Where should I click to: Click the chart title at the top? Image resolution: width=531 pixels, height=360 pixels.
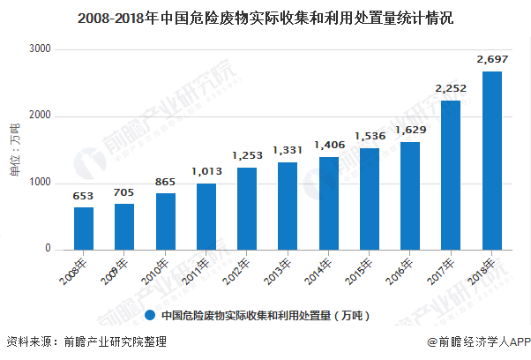click(265, 17)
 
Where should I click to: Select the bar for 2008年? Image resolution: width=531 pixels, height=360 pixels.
click(84, 228)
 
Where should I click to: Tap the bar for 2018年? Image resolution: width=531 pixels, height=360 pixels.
click(492, 161)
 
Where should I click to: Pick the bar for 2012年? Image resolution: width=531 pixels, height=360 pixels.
click(247, 208)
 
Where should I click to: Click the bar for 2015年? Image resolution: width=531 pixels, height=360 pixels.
click(370, 199)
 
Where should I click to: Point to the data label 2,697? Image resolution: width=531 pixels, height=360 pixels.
click(492, 59)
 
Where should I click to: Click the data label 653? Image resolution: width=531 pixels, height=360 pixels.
click(84, 195)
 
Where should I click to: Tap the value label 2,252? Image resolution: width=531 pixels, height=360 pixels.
click(452, 88)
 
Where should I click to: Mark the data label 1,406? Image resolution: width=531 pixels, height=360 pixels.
click(329, 145)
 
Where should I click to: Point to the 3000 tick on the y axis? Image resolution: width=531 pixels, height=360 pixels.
click(41, 49)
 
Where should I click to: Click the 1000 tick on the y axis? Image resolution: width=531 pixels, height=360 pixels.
click(41, 183)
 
